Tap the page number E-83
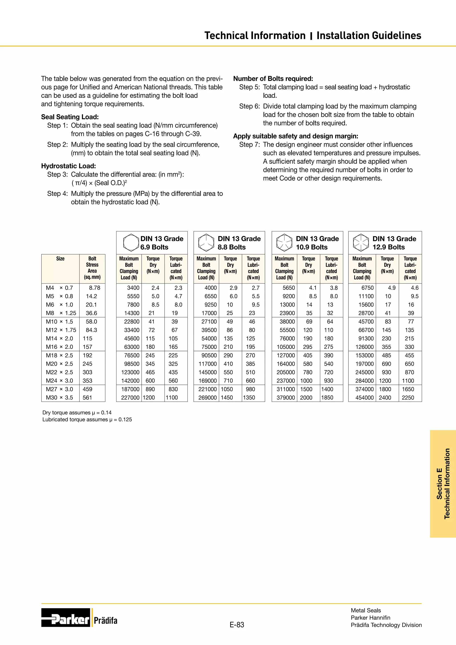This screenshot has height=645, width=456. point(237,625)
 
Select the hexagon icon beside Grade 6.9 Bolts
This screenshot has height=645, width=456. point(131,243)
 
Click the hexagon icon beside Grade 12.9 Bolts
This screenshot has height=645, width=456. point(361,243)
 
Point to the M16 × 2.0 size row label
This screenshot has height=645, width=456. point(59,347)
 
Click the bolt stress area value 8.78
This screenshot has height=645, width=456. point(94,288)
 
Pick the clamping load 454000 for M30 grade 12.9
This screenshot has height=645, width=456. point(364,398)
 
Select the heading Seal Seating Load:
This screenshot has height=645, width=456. point(70,117)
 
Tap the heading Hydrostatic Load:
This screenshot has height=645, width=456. point(69,166)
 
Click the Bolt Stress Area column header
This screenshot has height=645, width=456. point(92,268)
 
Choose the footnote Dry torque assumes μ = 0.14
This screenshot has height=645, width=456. point(77,412)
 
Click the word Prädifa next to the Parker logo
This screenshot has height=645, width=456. point(106,621)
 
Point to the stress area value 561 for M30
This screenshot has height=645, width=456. point(87,398)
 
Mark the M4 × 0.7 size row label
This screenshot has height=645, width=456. point(59,288)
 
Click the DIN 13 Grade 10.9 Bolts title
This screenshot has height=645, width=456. point(317,243)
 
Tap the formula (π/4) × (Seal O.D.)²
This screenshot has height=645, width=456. point(99,183)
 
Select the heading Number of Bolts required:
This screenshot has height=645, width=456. point(273,79)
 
